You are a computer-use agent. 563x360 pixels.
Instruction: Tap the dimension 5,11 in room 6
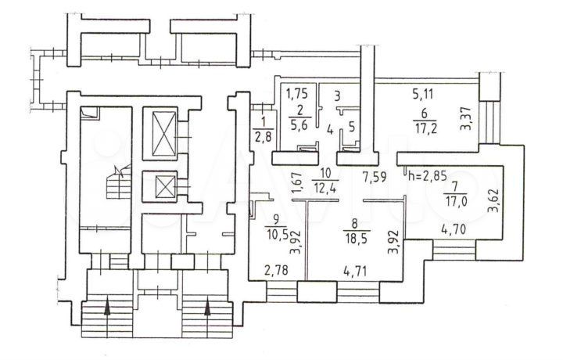tap(423, 95)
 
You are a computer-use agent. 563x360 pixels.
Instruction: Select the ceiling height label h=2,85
tap(428, 176)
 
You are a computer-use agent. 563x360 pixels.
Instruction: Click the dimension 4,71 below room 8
tap(355, 272)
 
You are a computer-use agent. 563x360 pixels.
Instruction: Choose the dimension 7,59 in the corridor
tap(375, 177)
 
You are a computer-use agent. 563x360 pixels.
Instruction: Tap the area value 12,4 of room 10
tap(325, 188)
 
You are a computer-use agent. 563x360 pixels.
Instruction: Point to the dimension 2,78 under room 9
tap(276, 270)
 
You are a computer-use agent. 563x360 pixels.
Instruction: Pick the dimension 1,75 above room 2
tap(296, 94)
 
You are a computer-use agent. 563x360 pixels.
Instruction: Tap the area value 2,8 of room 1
tap(264, 138)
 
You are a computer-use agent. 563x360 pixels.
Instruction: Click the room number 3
tap(337, 96)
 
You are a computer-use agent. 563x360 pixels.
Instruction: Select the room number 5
tap(352, 127)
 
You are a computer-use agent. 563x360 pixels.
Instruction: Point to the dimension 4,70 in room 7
tap(453, 229)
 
